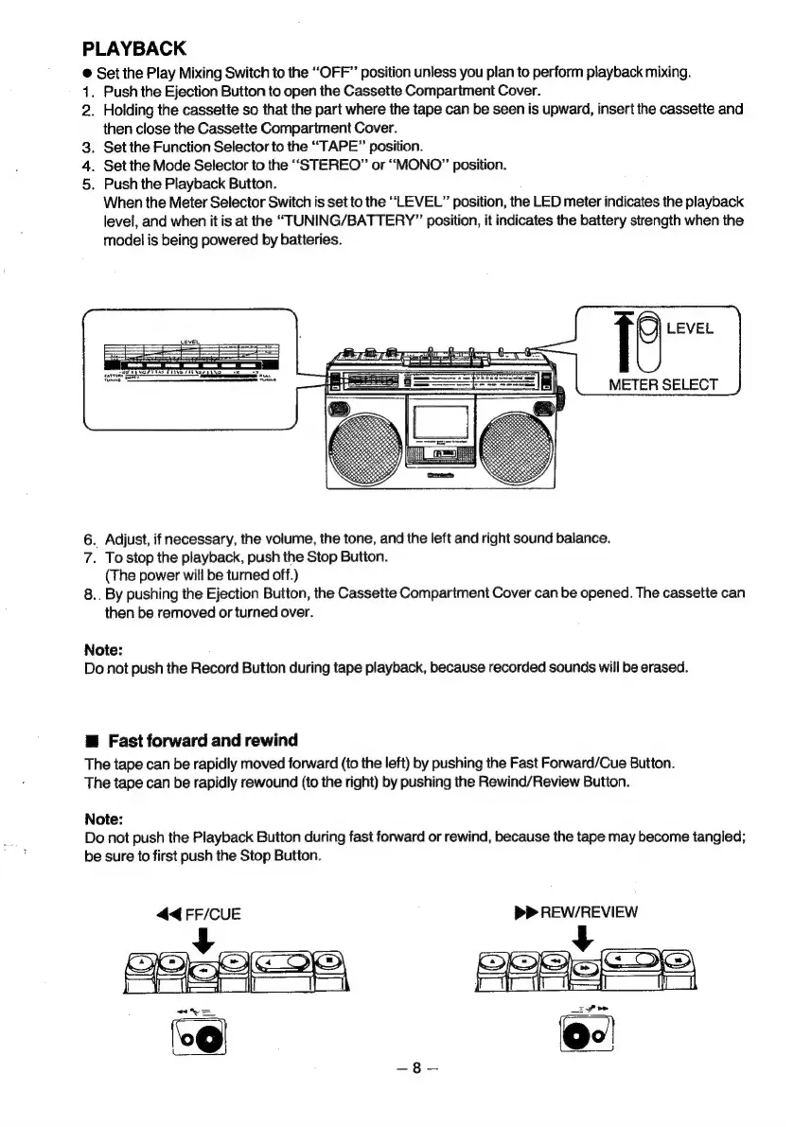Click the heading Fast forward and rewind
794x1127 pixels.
203,739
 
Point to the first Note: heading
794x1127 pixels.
105,650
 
